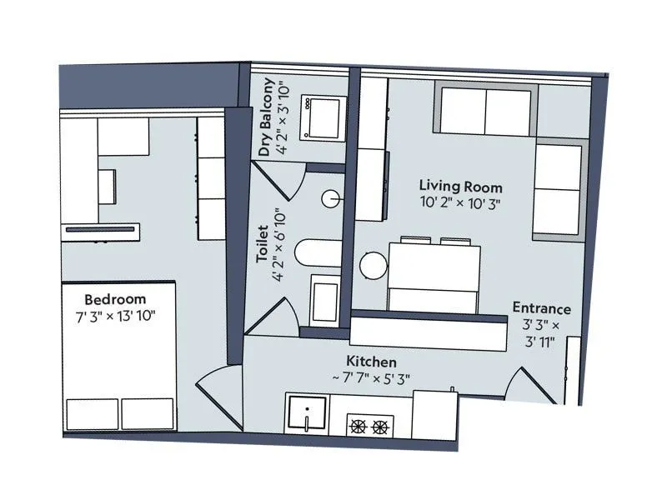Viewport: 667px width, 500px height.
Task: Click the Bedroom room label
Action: click(115, 299)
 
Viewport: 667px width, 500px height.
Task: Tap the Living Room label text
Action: click(460, 186)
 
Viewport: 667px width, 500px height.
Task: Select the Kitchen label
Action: click(372, 362)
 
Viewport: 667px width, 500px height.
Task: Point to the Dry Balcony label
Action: click(266, 117)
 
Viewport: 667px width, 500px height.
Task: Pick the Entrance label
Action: click(541, 308)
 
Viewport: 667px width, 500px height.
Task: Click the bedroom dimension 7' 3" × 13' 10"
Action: click(115, 316)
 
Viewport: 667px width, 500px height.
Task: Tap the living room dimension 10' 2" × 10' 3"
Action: click(460, 202)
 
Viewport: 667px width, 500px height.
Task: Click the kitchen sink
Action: click(308, 414)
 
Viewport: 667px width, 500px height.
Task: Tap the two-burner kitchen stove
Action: click(369, 427)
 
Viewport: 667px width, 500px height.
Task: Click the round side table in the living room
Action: click(374, 265)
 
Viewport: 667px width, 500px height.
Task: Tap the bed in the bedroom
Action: click(118, 358)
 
